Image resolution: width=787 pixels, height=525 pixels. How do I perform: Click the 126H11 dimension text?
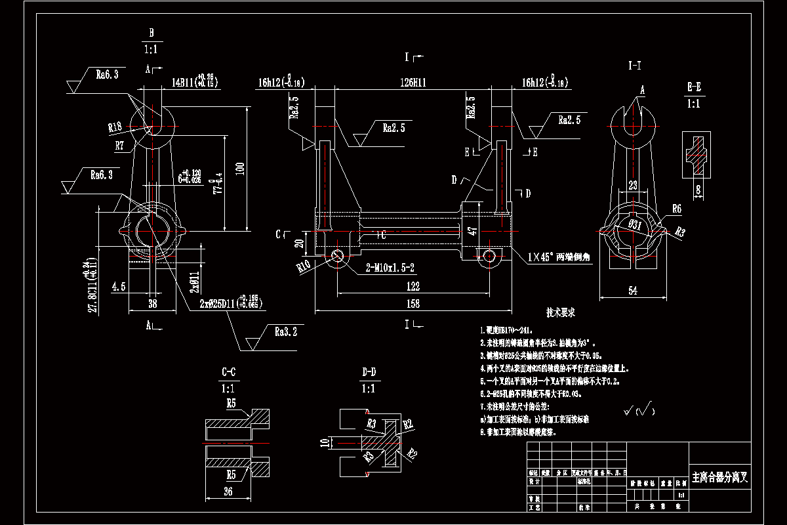pyautogui.click(x=413, y=83)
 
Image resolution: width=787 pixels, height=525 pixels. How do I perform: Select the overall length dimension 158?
pyautogui.click(x=413, y=303)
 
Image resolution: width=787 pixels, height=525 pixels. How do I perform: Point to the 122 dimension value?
pyautogui.click(x=413, y=287)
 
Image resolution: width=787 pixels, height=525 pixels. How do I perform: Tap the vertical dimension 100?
pyautogui.click(x=240, y=169)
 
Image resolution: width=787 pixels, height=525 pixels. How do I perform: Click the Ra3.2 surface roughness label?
pyautogui.click(x=287, y=333)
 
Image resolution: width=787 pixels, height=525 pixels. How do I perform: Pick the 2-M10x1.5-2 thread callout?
pyautogui.click(x=391, y=268)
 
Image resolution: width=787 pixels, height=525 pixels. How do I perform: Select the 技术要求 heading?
pyautogui.click(x=561, y=313)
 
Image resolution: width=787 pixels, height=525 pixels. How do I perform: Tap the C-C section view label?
pyautogui.click(x=229, y=372)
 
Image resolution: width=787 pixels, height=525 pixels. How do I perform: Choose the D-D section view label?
pyautogui.click(x=369, y=372)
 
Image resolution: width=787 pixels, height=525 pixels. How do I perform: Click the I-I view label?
pyautogui.click(x=634, y=65)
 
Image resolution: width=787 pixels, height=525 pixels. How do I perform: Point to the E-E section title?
pyautogui.click(x=695, y=87)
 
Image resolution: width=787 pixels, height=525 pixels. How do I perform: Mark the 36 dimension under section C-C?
pyautogui.click(x=229, y=492)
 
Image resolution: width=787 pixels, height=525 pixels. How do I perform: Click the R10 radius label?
pyautogui.click(x=303, y=266)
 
